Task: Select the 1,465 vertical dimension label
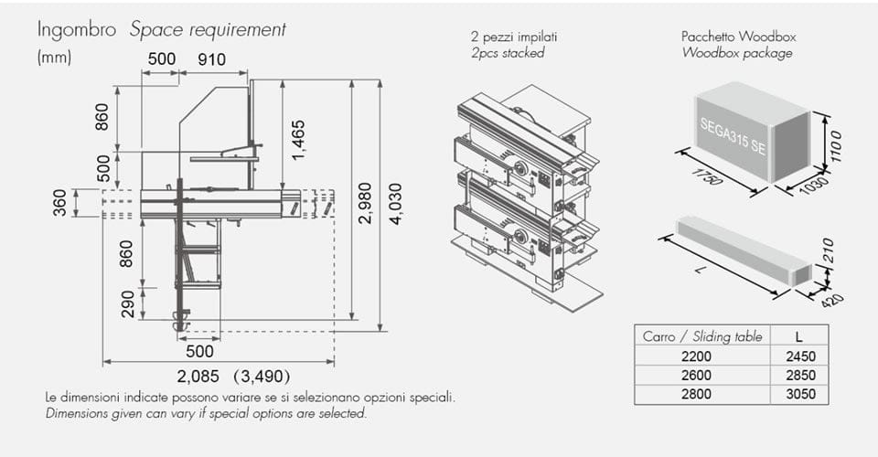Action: click(298, 138)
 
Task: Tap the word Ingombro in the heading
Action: click(77, 29)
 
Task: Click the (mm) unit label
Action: click(54, 57)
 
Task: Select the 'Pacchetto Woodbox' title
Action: click(738, 37)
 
